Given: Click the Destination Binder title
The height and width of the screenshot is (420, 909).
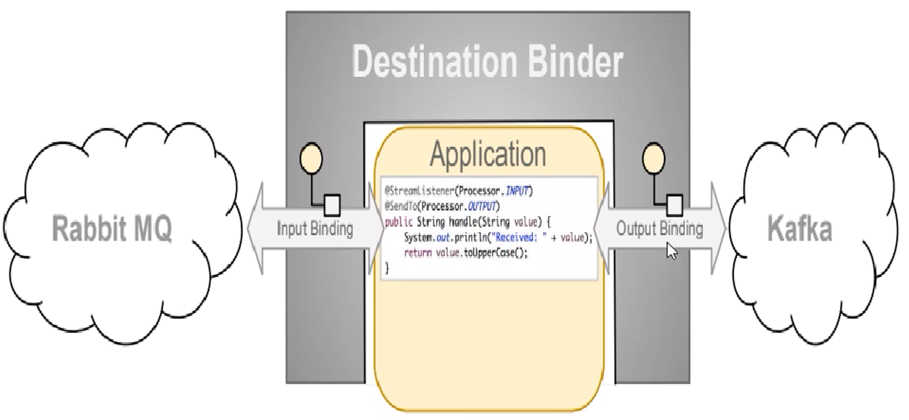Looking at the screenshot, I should tap(487, 63).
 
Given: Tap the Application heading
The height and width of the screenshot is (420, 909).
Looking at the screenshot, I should tap(488, 154).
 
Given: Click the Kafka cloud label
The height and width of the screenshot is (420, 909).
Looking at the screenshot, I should tap(800, 230).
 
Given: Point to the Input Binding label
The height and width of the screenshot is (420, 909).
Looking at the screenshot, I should tap(315, 229).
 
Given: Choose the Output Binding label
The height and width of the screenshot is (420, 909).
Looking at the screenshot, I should tap(659, 229).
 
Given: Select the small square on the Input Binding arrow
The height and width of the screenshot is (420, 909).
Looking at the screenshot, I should tap(331, 202).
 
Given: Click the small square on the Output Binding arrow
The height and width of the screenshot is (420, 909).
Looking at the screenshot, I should tap(675, 202).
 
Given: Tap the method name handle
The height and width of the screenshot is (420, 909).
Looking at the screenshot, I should tap(463, 222).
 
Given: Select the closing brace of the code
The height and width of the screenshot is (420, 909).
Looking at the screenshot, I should tap(387, 268).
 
